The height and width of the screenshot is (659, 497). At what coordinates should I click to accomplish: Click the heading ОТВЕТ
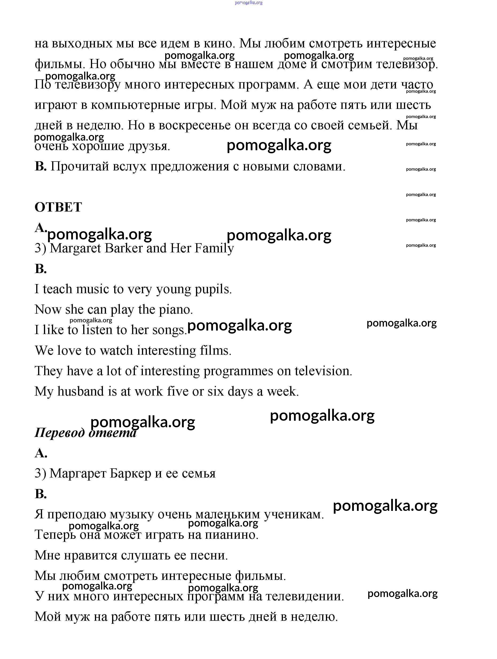(58, 207)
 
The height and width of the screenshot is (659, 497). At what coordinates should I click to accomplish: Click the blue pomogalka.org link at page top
(249, 3)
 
